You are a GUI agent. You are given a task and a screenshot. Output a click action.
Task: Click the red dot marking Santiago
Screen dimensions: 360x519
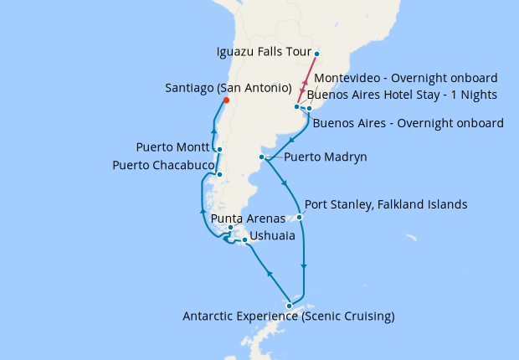(226, 102)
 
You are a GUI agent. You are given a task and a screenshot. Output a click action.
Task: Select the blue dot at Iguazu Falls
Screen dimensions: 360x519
(317, 54)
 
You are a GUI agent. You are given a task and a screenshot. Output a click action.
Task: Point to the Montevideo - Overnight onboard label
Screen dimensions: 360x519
(405, 77)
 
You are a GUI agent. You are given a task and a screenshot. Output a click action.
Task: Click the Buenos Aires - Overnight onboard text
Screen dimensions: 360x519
(408, 123)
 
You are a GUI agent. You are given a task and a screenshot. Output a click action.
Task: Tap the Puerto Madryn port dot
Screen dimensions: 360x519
(262, 157)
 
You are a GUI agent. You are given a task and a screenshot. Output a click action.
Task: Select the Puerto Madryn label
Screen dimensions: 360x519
(326, 157)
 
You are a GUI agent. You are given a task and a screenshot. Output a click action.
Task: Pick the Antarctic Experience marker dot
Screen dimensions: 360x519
(290, 306)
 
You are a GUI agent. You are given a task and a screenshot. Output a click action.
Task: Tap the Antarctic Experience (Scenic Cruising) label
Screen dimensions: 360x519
(289, 317)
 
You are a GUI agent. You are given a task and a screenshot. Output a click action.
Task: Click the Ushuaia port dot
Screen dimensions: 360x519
(244, 241)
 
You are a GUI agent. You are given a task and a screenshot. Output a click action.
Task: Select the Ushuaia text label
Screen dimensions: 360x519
(272, 236)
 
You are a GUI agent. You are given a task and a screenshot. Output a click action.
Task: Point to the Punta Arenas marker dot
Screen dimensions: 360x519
(230, 228)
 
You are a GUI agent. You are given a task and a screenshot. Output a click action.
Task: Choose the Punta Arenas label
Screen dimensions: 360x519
(244, 219)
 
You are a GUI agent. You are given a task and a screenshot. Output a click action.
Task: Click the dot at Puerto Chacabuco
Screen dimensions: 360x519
(219, 175)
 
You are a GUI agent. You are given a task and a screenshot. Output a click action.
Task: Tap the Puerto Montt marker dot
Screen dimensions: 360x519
(218, 150)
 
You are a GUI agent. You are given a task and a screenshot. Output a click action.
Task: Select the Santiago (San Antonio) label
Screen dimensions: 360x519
(229, 88)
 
